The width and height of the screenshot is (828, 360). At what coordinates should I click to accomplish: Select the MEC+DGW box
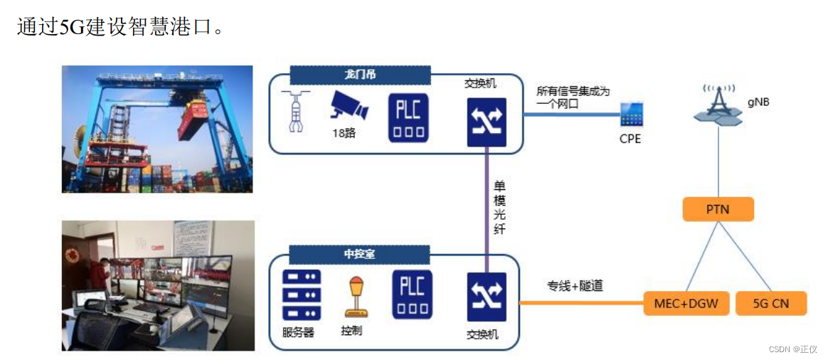681,305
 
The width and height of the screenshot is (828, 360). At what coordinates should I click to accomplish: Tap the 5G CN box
770,305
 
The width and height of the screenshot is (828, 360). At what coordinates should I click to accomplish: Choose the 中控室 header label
359,254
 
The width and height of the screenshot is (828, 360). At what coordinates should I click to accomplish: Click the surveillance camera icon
349,107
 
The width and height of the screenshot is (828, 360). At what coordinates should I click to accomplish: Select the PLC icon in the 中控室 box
410,295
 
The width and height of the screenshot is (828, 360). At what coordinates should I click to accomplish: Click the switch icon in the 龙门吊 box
487,122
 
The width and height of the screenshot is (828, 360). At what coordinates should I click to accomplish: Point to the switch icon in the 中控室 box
487,297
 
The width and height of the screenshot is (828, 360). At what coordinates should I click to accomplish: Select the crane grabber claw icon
294,111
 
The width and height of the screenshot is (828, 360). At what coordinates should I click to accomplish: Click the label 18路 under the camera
344,133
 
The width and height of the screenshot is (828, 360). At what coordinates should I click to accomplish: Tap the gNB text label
757,102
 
